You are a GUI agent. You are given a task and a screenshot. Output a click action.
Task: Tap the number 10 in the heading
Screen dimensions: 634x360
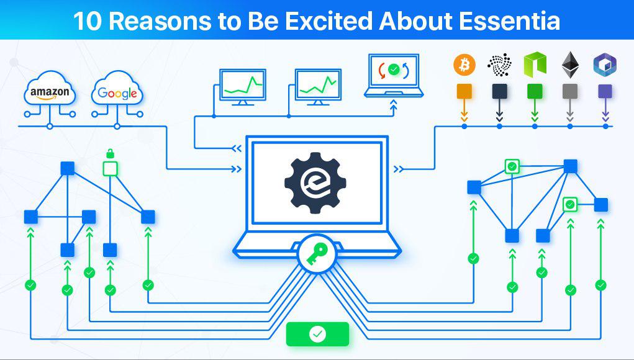point(87,21)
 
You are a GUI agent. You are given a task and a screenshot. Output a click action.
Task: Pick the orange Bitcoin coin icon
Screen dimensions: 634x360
point(464,65)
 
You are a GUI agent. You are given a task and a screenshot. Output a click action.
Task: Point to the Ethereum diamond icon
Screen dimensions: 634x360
point(570,65)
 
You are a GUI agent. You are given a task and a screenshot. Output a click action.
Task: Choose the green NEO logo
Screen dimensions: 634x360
point(535,65)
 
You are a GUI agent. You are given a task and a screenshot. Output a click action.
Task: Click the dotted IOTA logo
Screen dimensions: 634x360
point(499,65)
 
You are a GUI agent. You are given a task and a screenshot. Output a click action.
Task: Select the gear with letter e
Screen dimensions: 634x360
point(315,182)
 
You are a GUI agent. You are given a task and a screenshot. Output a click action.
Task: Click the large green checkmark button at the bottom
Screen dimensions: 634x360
point(317,334)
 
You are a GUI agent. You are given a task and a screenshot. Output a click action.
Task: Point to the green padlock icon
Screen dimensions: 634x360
point(110,153)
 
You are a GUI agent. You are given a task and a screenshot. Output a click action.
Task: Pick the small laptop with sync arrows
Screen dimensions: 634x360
point(394,76)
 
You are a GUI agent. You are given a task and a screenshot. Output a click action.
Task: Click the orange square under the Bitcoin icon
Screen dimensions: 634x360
point(464,92)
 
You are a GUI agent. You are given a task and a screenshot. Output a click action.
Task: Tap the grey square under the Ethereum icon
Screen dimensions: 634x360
point(570,92)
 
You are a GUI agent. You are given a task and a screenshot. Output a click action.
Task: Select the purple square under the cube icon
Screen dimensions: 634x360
point(605,92)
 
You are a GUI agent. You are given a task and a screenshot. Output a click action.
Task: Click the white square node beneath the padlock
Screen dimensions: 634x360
point(110,168)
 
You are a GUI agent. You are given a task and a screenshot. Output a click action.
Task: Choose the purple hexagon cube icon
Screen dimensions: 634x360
point(605,65)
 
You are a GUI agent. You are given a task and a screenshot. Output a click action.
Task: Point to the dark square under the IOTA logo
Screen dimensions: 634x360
point(499,92)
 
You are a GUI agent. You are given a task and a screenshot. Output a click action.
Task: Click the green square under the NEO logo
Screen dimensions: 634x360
point(535,92)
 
